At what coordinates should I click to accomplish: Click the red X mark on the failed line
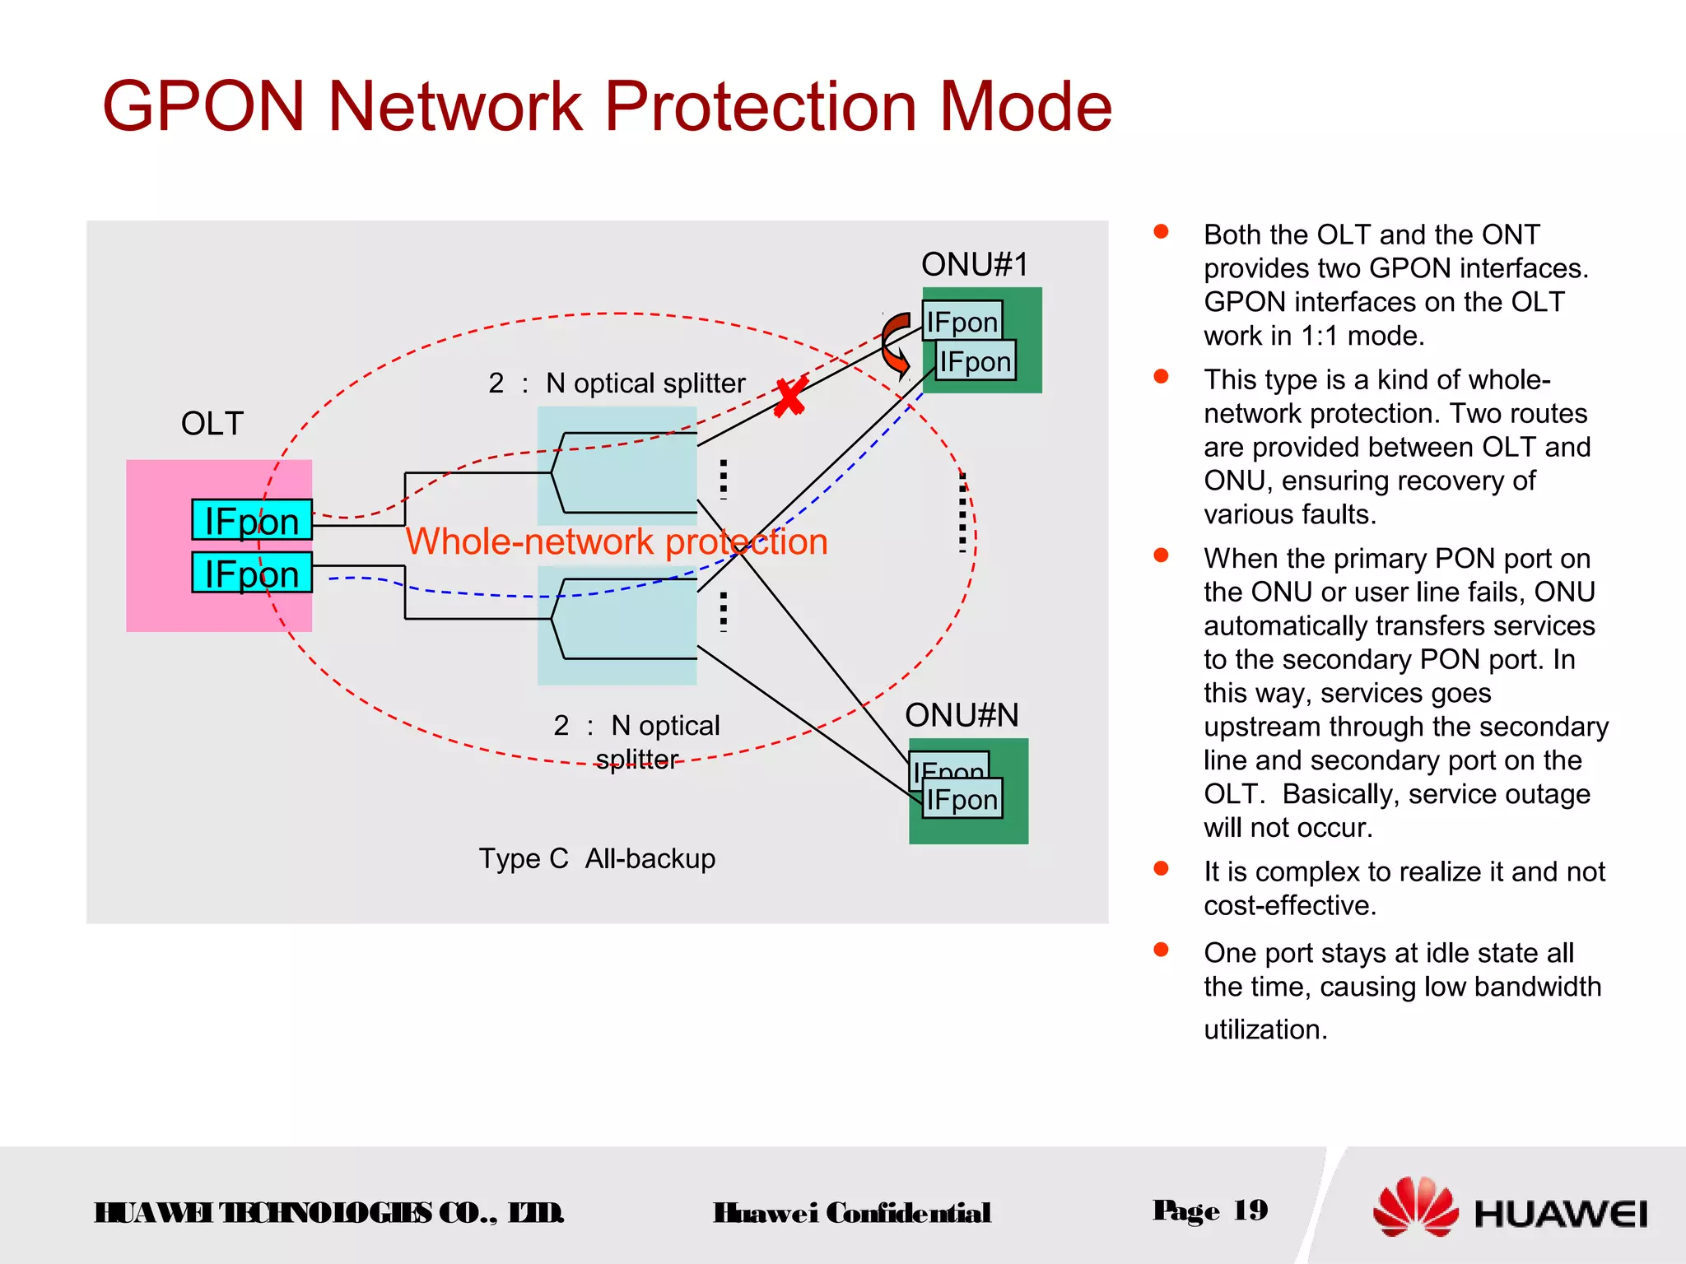tap(789, 397)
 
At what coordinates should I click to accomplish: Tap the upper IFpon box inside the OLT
tap(251, 521)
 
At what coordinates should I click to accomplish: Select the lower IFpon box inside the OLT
tap(251, 574)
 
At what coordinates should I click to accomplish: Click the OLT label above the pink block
tap(212, 424)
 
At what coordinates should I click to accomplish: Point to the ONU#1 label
tap(975, 265)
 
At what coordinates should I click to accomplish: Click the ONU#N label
tap(962, 715)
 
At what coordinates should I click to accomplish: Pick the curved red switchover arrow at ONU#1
tap(895, 343)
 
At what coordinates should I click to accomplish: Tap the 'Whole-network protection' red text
tap(617, 541)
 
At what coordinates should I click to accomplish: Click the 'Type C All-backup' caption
tap(597, 858)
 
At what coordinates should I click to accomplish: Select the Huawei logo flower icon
tap(1415, 1206)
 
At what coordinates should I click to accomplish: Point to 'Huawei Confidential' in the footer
tap(851, 1213)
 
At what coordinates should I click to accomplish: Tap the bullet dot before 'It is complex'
tap(1161, 868)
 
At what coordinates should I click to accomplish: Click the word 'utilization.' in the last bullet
tap(1265, 1029)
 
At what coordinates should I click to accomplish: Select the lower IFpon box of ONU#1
tap(976, 361)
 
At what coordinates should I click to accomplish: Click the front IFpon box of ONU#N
tap(962, 800)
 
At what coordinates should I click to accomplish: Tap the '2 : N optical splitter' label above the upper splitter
tap(617, 383)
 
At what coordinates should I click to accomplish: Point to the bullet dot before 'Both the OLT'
tap(1161, 231)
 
